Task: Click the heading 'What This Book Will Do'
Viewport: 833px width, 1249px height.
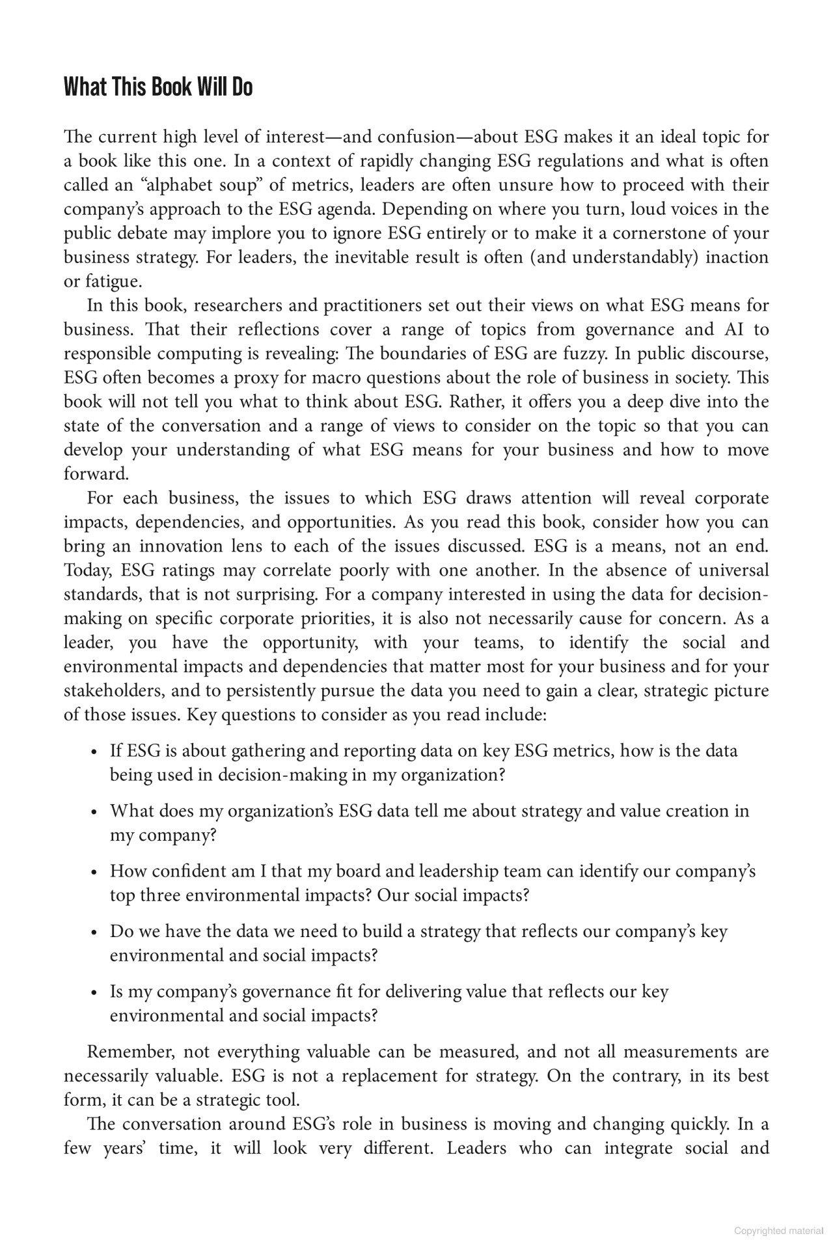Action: point(157,87)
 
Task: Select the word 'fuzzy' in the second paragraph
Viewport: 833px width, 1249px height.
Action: point(590,354)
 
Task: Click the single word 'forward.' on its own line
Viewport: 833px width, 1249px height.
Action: point(96,474)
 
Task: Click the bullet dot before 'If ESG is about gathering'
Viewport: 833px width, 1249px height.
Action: point(95,752)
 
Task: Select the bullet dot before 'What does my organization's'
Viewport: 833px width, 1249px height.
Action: point(95,813)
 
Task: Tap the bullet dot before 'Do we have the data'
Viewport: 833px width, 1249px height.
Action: point(95,933)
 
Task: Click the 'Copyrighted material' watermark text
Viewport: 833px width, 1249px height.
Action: point(778,1231)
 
